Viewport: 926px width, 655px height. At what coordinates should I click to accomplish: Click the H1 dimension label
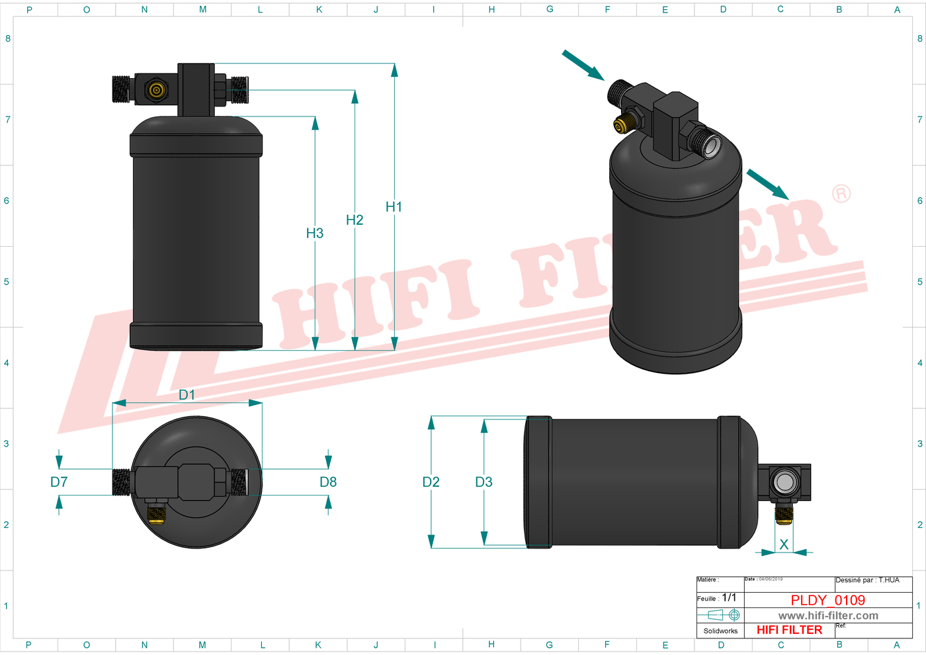coord(394,207)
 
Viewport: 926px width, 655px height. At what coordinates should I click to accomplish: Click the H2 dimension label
coord(355,220)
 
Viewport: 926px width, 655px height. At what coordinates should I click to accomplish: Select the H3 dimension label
coord(315,233)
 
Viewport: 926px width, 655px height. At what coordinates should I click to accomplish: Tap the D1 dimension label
coord(187,395)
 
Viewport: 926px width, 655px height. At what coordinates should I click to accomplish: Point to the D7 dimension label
coord(59,482)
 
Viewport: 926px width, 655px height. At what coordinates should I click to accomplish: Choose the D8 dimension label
coord(328,482)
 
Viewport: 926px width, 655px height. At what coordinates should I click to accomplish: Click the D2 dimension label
coord(431,482)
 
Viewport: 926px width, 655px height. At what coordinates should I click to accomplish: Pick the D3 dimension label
coord(484,482)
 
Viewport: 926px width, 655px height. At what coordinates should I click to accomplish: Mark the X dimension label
coord(784,545)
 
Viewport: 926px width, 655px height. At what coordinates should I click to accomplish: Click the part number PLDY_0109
coord(827,600)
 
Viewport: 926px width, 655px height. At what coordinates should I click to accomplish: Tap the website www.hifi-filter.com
coord(828,615)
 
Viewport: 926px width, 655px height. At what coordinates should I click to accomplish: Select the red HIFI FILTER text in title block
coord(789,630)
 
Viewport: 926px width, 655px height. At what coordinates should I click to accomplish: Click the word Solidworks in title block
coord(720,631)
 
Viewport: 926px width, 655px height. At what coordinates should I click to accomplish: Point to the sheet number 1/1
coord(729,597)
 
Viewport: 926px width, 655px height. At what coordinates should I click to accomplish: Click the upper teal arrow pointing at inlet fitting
coord(583,65)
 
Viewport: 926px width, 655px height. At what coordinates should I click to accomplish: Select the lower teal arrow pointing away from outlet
coord(767,184)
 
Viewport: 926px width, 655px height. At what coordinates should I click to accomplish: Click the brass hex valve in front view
coord(155,90)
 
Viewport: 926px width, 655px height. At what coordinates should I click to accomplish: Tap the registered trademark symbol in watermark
coord(841,194)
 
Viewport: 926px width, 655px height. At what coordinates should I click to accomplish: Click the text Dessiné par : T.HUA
coord(867,580)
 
